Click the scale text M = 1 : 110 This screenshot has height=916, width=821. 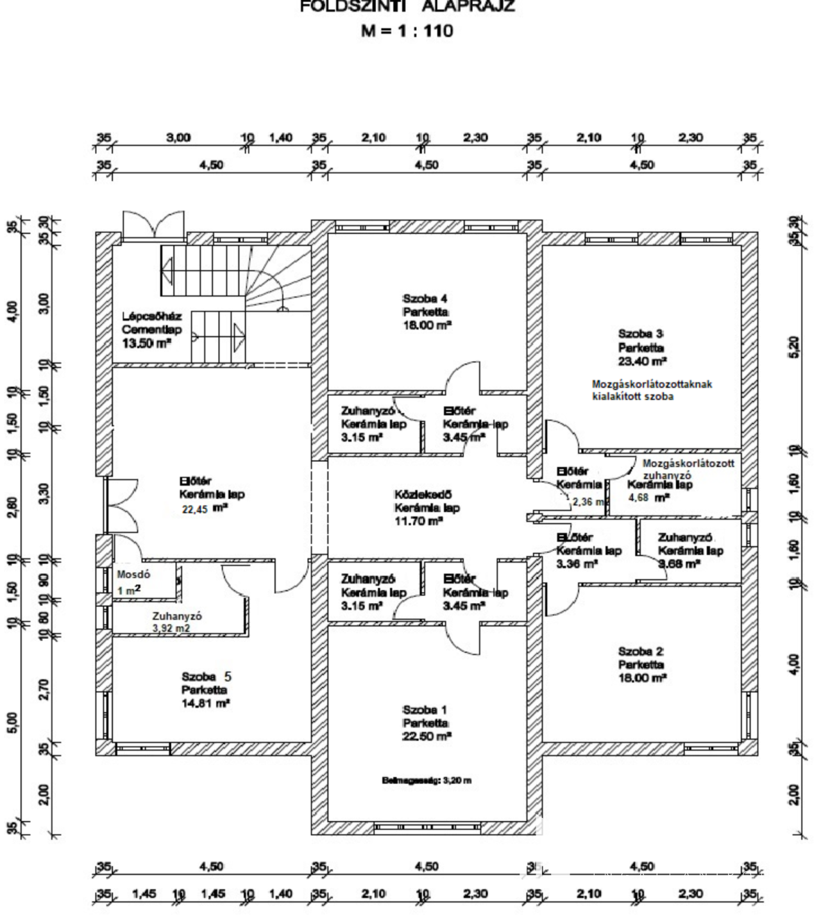coord(407,30)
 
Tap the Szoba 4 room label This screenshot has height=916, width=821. coord(425,298)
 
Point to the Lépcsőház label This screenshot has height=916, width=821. coord(152,316)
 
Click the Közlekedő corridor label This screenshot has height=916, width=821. coord(423,495)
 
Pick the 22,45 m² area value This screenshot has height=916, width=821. coord(205,509)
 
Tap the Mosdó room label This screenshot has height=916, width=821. coord(133,575)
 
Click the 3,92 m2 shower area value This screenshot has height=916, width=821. coord(171,629)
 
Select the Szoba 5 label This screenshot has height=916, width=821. coord(207,677)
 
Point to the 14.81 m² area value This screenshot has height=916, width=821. coord(205,704)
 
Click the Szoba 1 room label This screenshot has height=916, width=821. coord(425,710)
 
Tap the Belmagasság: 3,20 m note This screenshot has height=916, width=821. coord(427,781)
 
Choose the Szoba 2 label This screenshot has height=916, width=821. coord(641,651)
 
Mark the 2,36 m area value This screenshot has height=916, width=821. coord(588,502)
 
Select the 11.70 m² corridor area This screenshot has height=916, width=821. coord(418,522)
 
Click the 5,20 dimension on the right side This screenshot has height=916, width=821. coord(795,347)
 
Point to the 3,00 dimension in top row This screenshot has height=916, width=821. coord(178,137)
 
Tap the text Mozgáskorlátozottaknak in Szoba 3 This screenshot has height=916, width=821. coord(652,384)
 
